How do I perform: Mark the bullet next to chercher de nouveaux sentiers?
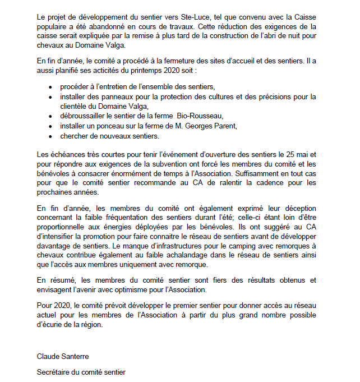(x=51, y=136)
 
